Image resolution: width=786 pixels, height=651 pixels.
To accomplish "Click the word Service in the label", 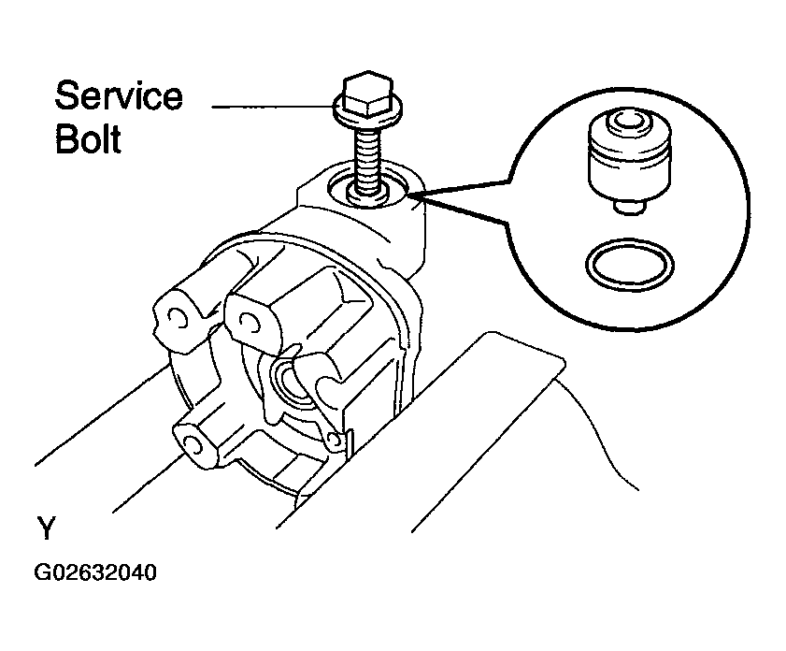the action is [119, 95].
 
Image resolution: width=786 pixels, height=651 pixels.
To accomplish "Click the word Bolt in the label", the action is [88, 139].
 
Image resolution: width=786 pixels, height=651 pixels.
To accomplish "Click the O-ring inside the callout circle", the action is [630, 246].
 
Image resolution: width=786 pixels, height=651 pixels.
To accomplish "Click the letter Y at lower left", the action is [46, 528].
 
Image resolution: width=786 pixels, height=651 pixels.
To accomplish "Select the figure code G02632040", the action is [95, 572].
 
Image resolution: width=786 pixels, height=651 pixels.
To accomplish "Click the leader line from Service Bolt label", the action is [273, 107].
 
